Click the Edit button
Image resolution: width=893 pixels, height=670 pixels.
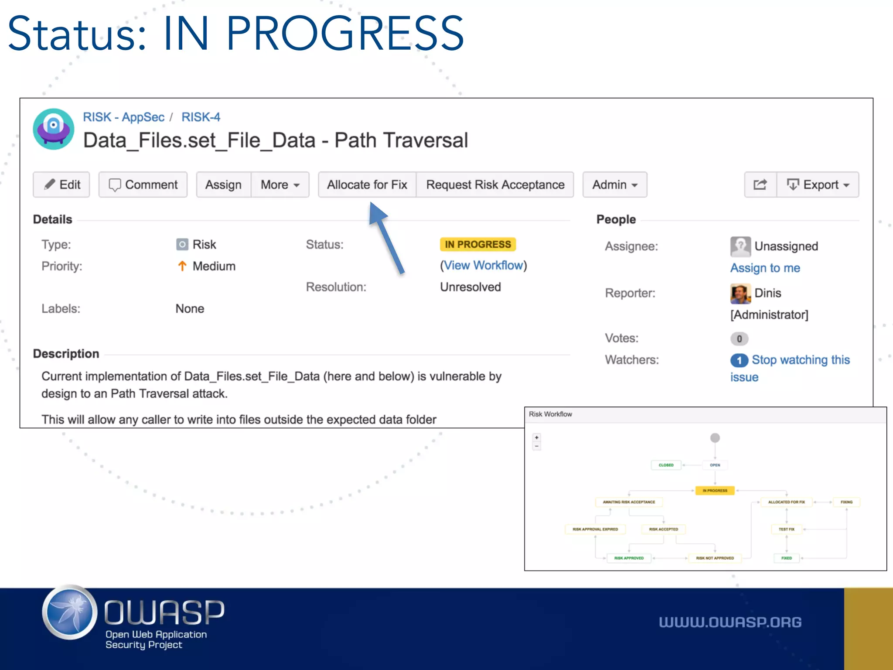[61, 185]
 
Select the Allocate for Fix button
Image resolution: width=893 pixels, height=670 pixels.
[367, 185]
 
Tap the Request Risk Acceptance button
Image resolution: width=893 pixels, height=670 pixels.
[495, 185]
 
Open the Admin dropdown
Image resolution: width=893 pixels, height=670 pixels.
[614, 185]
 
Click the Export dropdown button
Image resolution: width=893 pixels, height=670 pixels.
[818, 185]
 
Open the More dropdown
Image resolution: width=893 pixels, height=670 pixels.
[280, 185]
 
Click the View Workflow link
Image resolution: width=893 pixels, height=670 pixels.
[483, 265]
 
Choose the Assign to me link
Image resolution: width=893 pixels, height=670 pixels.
[765, 268]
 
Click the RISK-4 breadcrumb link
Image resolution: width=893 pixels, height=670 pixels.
[201, 117]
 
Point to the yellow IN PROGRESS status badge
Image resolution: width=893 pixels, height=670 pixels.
[477, 244]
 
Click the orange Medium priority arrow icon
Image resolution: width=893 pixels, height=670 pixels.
[182, 266]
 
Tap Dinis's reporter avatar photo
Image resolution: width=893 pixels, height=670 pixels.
[740, 293]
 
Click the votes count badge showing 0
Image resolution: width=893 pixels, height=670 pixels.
[739, 338]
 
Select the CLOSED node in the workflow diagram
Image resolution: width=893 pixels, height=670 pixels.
[666, 465]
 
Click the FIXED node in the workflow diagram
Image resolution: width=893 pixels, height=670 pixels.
[786, 558]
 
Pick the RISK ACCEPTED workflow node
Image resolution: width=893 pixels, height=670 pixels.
[663, 529]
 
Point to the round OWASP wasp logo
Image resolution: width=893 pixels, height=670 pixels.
[70, 612]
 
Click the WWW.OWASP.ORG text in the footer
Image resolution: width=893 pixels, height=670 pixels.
[730, 622]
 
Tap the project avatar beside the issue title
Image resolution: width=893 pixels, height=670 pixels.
[54, 129]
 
